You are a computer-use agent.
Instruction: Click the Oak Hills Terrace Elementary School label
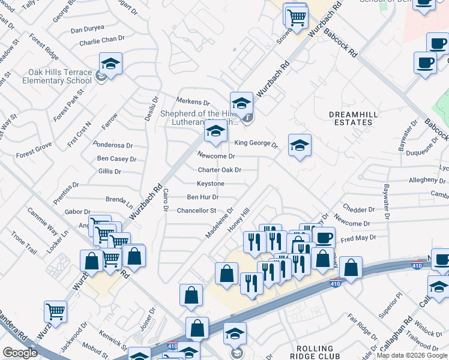pos(60,76)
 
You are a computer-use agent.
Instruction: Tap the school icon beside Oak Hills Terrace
pos(111,63)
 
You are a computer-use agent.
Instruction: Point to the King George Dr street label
pos(256,143)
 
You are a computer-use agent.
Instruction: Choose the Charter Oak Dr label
pos(220,170)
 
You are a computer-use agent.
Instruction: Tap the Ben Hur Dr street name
pos(202,197)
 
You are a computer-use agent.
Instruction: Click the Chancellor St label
pos(196,211)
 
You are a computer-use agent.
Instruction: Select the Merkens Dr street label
pos(193,103)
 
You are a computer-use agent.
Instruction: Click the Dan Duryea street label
pos(88,29)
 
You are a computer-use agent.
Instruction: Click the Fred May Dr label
pos(358,238)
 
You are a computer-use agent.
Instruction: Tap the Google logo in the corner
pos(20,353)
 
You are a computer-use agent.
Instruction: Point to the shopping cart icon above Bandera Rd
pos(55,311)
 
